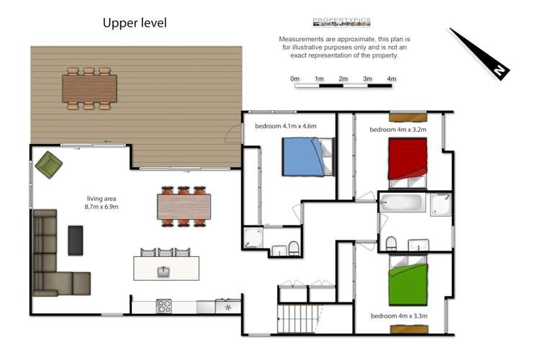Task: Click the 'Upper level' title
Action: (135, 23)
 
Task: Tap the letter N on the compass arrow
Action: (499, 71)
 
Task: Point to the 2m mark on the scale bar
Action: (343, 79)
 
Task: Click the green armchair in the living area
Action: (49, 165)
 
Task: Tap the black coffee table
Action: (76, 240)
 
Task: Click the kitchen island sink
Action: (164, 272)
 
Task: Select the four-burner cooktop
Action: (164, 306)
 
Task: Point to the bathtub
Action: (402, 202)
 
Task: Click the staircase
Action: (297, 319)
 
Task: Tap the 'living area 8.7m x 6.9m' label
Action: (102, 202)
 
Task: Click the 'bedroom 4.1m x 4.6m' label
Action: (286, 126)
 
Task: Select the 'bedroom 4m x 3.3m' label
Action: (399, 316)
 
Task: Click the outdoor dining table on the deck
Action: (89, 89)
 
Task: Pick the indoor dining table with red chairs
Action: (184, 207)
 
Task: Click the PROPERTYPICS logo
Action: (341, 22)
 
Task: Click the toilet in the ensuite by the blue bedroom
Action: (294, 248)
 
